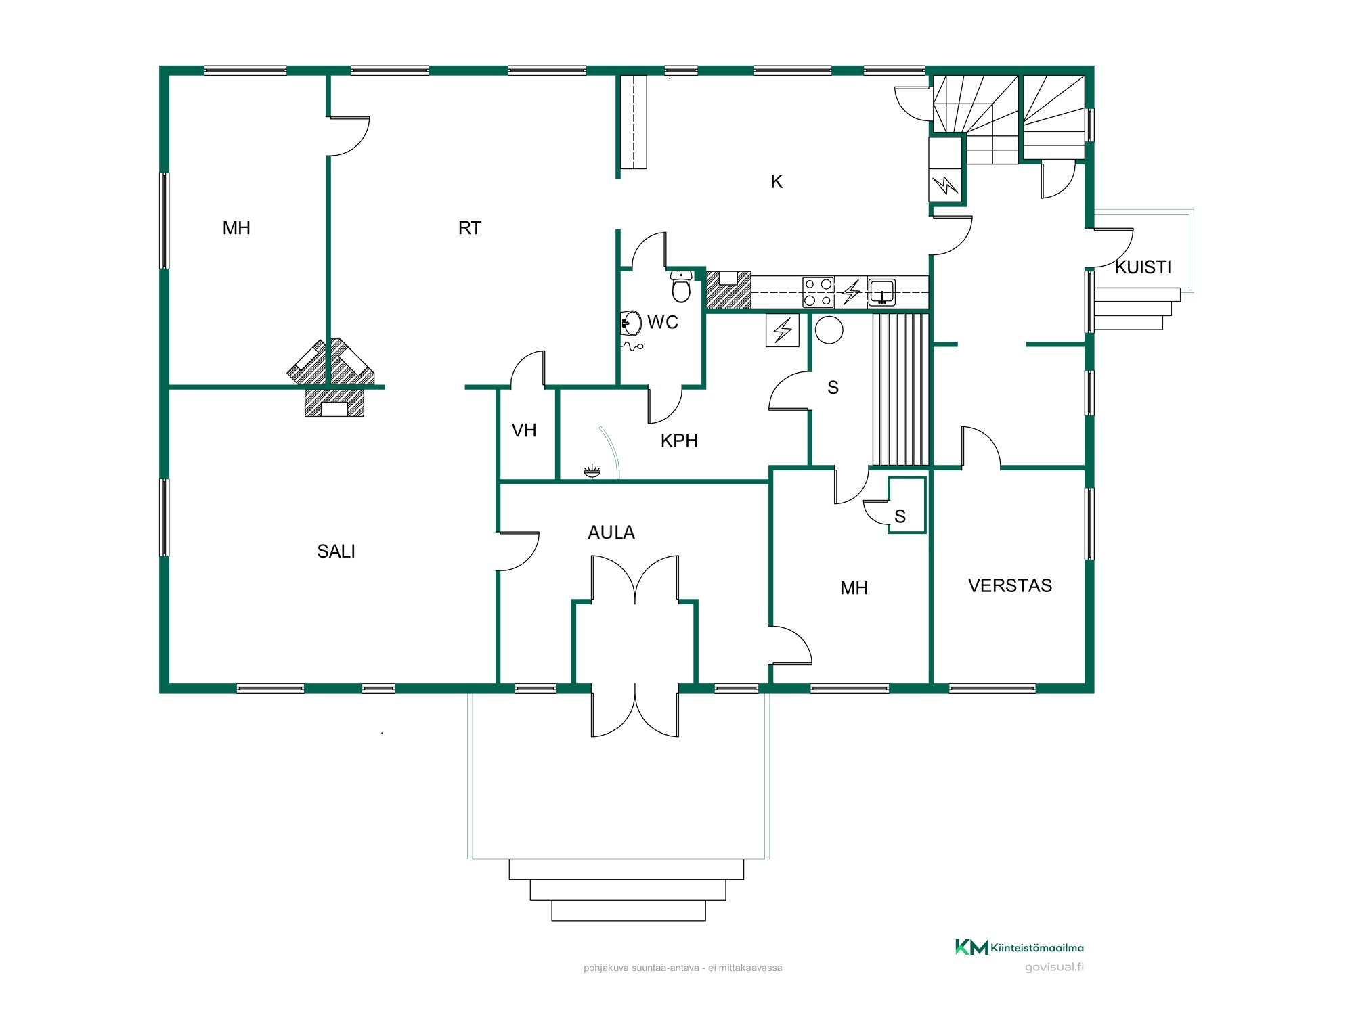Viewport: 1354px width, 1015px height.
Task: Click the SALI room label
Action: [336, 551]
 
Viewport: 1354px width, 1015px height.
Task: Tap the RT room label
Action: [469, 228]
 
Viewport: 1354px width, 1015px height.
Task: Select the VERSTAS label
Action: [1010, 585]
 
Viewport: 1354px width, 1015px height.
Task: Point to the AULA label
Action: [611, 533]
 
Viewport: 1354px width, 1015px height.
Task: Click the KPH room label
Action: [679, 441]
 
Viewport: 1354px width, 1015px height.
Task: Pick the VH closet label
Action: [524, 430]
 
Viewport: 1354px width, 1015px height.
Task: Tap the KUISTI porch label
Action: [1143, 267]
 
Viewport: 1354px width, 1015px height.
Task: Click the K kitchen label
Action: [777, 181]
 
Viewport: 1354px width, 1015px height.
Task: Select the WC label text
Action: [662, 322]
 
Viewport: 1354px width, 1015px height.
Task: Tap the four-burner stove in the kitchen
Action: [818, 292]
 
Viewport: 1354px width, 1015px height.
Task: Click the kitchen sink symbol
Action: [881, 292]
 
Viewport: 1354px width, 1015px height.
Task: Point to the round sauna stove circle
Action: [829, 330]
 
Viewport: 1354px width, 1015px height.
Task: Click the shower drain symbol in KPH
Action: [592, 471]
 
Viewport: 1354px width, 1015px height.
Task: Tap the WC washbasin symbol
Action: [631, 323]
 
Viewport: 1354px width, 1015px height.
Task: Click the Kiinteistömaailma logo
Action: [1019, 947]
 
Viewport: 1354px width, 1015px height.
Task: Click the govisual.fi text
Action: [1054, 967]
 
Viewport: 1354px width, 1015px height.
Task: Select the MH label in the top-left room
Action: [236, 228]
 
